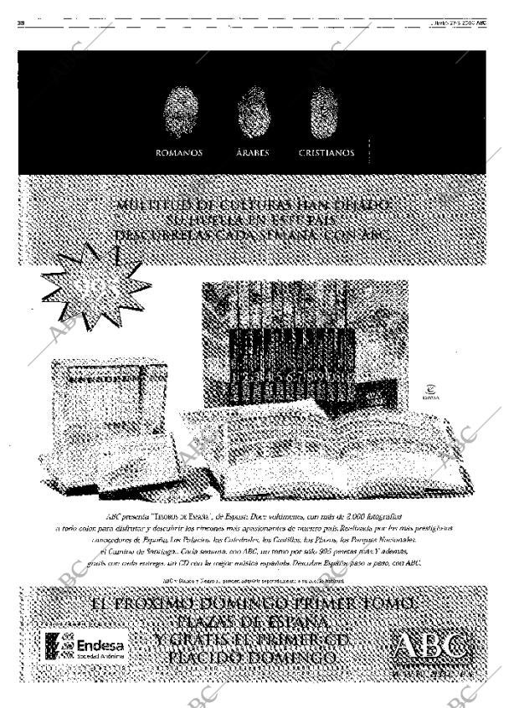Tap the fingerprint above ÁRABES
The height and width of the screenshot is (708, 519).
tap(253, 113)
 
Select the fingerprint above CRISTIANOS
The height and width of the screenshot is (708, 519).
tap(325, 113)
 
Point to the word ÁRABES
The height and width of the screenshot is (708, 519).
tap(252, 153)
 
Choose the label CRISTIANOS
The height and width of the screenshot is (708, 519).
tap(326, 153)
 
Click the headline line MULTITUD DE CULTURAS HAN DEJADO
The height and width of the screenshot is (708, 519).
tap(254, 204)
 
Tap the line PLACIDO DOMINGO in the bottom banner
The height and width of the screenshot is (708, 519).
tap(253, 659)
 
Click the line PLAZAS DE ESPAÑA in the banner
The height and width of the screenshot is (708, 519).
tap(253, 623)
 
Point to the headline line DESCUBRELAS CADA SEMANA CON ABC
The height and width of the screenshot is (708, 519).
tap(254, 237)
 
